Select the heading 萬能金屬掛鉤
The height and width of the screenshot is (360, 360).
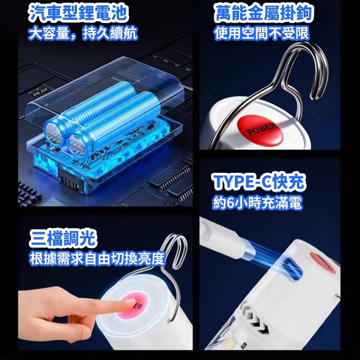[x=263, y=13]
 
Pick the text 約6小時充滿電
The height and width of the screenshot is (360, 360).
[x=257, y=202]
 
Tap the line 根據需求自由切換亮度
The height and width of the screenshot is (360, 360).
[x=97, y=258]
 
